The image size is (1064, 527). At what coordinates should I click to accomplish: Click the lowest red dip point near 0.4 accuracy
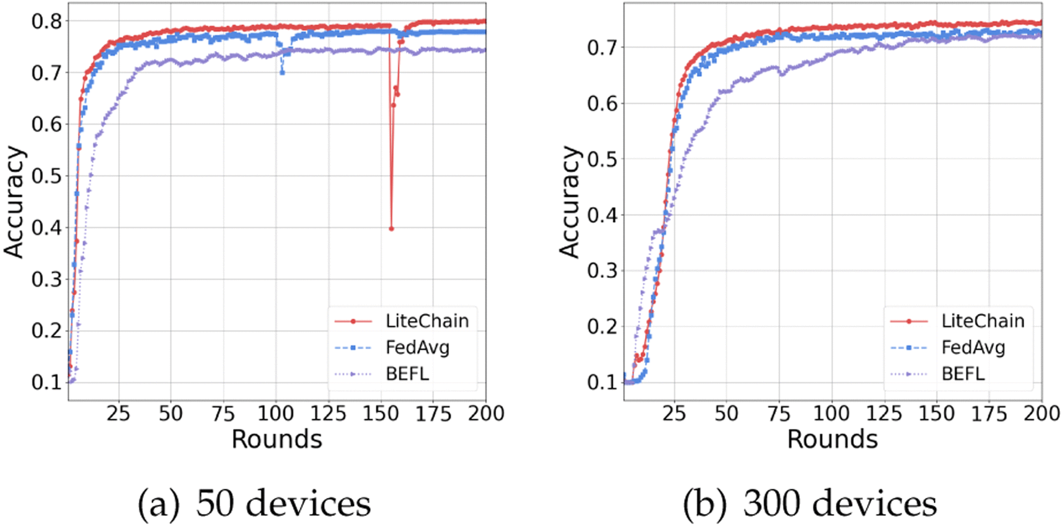coord(392,229)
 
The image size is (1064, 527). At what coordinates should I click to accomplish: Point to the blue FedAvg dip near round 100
coord(282,72)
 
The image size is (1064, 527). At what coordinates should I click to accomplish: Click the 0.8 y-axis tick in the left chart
coord(46,21)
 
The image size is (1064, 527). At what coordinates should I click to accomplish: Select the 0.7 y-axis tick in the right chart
coord(602,48)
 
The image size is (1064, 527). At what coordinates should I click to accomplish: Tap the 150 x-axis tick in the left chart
coord(381,413)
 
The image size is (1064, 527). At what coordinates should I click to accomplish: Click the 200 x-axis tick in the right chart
coord(1042,413)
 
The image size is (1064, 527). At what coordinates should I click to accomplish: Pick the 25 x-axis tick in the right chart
coord(673,413)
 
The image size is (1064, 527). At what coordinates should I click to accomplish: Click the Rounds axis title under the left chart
coord(277,440)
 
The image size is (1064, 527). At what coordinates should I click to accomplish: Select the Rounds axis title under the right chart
coord(832,440)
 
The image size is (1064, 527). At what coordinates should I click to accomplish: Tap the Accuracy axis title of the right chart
coord(569,202)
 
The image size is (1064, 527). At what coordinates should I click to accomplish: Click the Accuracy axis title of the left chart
coord(14,202)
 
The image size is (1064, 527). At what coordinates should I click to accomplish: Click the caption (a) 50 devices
coord(254,503)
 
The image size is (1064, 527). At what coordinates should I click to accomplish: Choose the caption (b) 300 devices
coord(810,503)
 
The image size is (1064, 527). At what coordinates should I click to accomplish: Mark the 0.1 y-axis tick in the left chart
coord(46,382)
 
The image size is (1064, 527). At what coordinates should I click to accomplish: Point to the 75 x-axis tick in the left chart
coord(223,413)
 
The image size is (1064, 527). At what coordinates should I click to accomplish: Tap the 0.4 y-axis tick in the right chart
coord(602,216)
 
